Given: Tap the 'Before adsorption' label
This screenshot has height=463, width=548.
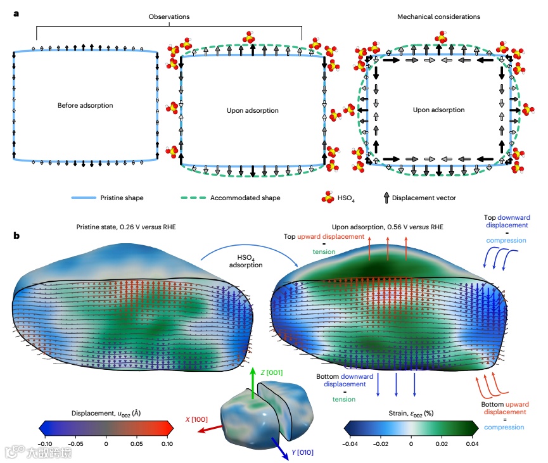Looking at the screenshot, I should point(85,105).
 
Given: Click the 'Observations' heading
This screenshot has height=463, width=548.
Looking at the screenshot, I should point(169,16).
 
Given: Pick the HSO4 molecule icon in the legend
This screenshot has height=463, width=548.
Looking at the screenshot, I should point(328,198).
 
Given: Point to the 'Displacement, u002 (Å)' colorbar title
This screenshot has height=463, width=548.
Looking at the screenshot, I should point(105,412).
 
